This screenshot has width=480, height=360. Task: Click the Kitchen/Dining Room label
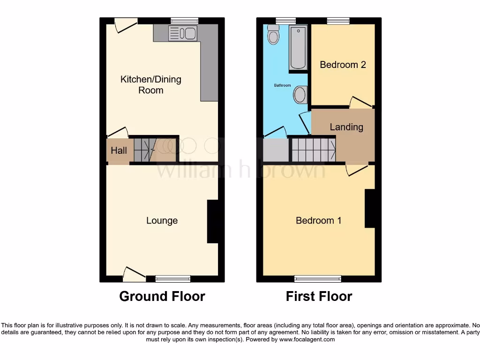pos(150,85)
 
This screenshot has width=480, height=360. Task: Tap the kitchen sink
pos(183,33)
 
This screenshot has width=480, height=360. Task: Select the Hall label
pos(119,151)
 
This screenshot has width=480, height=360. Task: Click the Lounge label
pos(162,220)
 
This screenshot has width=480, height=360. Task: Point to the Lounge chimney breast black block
pos(213,221)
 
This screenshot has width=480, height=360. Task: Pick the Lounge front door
pos(134,274)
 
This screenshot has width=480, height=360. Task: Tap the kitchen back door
pos(126,24)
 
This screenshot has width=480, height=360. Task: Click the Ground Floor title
pos(162,296)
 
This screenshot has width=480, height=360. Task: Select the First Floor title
pos(319,296)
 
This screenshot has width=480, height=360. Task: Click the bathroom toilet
pos(273,34)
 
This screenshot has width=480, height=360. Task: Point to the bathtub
pos(298,48)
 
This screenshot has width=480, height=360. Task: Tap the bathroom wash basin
pos(300,95)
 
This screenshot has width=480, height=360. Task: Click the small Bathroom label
pos(282,86)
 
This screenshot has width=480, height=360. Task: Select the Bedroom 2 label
pos(343,65)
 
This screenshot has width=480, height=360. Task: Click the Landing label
pos(346,127)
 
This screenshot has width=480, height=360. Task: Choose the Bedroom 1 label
pos(318,220)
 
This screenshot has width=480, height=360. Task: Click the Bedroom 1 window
pos(318,279)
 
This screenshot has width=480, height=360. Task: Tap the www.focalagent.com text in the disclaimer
pos(307,339)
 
